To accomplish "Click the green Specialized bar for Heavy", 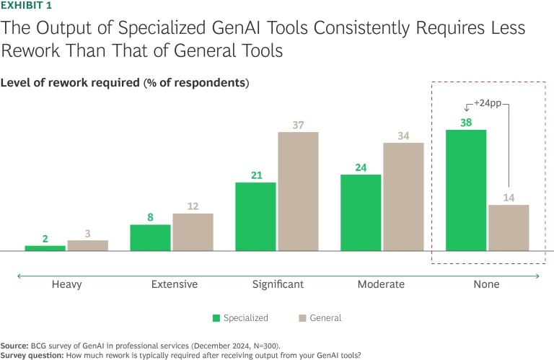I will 45,248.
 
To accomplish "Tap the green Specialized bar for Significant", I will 255,216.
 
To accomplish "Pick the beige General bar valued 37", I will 298,191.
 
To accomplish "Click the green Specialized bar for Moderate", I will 361,213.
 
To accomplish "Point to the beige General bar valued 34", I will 403,197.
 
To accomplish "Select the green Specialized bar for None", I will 466,190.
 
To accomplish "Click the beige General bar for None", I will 509,228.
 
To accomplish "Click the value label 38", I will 466,123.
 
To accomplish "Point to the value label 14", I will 509,197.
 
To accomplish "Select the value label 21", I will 255,175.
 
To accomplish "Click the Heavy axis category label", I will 66,284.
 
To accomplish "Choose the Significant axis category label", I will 278,284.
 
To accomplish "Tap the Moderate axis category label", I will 381,284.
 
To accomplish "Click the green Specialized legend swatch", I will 216,318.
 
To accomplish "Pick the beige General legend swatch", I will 302,318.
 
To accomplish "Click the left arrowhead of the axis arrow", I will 19,275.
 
